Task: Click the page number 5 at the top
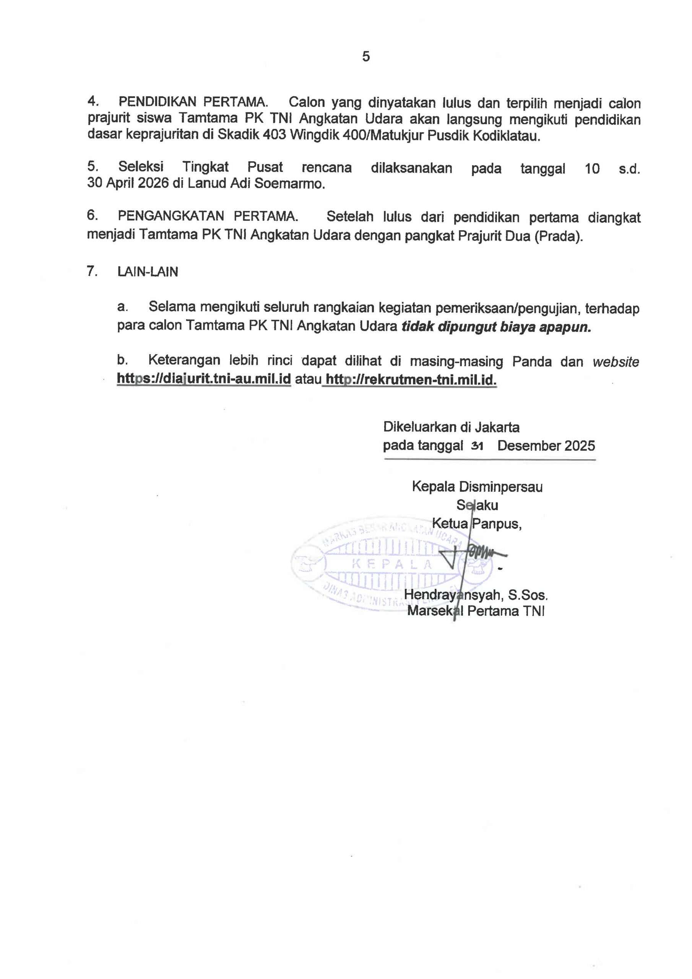pyautogui.click(x=366, y=57)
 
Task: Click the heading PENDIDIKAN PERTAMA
pyautogui.click(x=193, y=102)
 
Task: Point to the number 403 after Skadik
pyautogui.click(x=275, y=137)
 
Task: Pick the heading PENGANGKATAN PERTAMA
pyautogui.click(x=208, y=216)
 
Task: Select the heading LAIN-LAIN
pyautogui.click(x=148, y=272)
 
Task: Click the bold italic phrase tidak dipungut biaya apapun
pyautogui.click(x=497, y=326)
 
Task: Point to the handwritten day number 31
pyautogui.click(x=477, y=446)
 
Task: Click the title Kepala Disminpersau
pyautogui.click(x=477, y=486)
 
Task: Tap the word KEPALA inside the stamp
pyautogui.click(x=393, y=564)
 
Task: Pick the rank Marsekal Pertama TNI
pyautogui.click(x=476, y=611)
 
